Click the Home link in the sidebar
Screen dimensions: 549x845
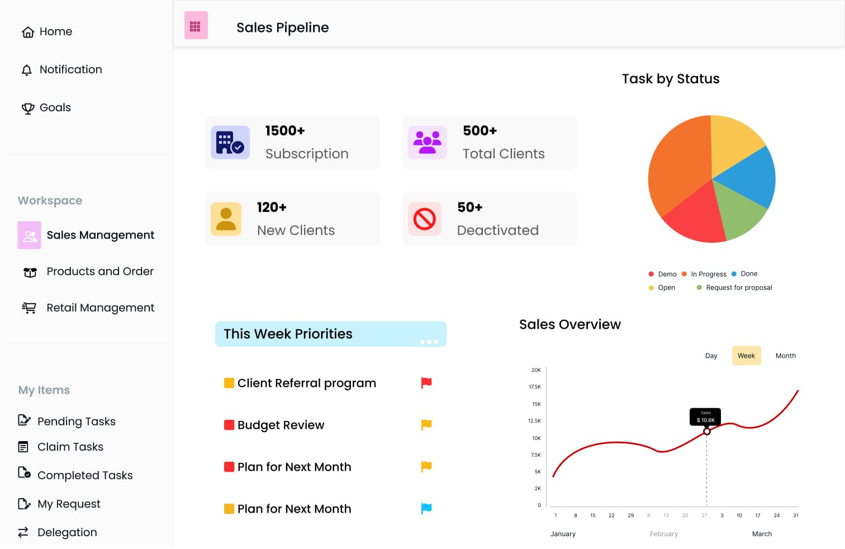coord(48,32)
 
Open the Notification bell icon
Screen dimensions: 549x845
coord(27,70)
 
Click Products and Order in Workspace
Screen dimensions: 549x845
coord(99,272)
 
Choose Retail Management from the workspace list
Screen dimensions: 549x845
coord(100,308)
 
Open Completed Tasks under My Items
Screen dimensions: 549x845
coord(84,475)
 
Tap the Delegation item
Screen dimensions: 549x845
coord(67,532)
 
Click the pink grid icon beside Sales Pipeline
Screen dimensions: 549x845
coord(196,26)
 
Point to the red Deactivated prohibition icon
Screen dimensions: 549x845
coord(425,219)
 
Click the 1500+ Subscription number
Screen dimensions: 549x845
coord(285,131)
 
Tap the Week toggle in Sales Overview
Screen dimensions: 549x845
coord(746,356)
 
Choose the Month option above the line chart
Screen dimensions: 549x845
coord(785,356)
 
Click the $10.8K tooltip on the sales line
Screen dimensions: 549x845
coord(705,417)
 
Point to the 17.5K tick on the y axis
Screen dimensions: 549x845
coord(535,387)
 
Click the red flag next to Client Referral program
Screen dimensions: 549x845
coord(426,383)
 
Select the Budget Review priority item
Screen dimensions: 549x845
coord(281,425)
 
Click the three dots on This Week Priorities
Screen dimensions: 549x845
coord(429,342)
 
